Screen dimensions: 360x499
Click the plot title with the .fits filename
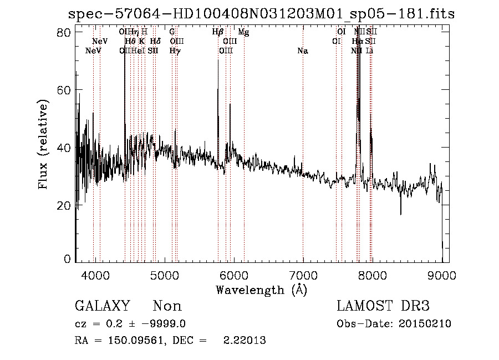[261, 14]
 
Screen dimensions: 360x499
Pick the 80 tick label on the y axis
[65, 32]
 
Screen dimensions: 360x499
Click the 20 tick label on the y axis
[65, 205]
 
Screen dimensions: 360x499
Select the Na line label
[303, 51]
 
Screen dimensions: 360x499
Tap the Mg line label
[243, 32]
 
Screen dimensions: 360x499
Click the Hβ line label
[218, 32]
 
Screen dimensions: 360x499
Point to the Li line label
[369, 51]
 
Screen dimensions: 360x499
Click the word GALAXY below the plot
[102, 306]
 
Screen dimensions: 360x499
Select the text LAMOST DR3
[383, 306]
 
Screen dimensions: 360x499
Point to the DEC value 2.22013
[244, 341]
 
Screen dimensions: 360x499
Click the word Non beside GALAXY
[167, 306]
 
